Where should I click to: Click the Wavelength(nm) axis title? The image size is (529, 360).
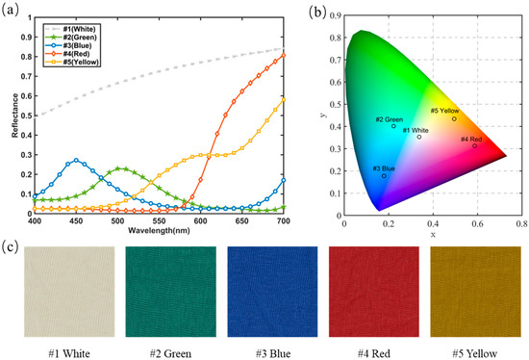coord(159,231)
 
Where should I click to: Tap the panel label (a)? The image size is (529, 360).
coord(13,11)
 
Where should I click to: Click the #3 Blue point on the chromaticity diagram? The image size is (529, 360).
coord(384,176)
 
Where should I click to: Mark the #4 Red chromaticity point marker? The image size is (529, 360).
coord(474,145)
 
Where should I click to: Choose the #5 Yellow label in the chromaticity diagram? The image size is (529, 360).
coord(443,111)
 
